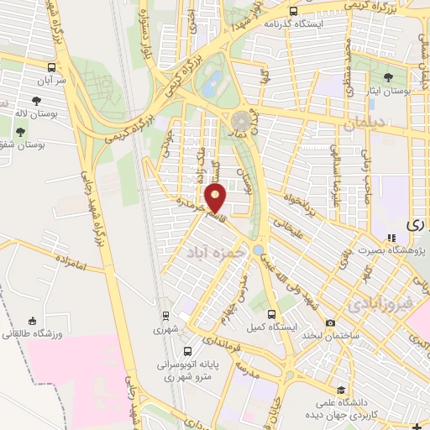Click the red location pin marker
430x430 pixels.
click(216, 199)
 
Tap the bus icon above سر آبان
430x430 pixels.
click(52, 67)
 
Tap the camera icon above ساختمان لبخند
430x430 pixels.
click(330, 323)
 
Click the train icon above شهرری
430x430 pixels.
click(166, 317)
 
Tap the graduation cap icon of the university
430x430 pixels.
click(341, 389)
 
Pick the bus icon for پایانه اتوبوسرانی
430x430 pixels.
click(186, 351)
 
